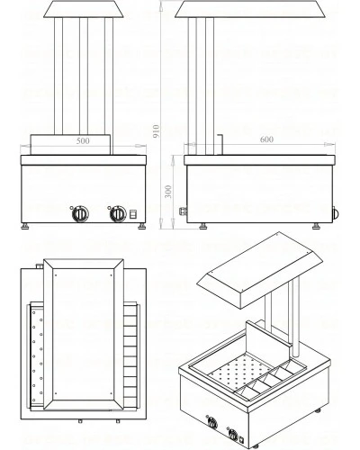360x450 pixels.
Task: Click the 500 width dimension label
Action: click(83, 140)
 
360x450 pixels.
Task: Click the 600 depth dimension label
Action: click(266, 139)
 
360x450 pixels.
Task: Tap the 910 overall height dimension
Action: click(156, 131)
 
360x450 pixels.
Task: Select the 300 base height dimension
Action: click(168, 192)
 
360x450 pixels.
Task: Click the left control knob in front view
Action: click(80, 214)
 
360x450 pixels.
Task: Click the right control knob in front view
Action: click(117, 214)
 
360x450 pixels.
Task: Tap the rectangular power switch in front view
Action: click(132, 214)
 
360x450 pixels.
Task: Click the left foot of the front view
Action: click(25, 226)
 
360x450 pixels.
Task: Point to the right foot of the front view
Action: click(142, 226)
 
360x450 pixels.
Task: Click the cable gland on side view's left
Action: click(183, 211)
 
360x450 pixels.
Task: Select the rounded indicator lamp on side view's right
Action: click(336, 213)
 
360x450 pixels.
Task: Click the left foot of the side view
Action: click(203, 226)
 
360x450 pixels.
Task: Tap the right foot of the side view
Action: click(316, 226)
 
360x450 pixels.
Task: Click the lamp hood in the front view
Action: click(84, 9)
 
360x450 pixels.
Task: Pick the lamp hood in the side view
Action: click(251, 9)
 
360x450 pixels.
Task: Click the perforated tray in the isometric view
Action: click(241, 372)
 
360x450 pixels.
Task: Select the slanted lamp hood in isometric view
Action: click(260, 270)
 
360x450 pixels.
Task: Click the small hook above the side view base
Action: click(220, 144)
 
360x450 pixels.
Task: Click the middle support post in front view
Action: click(84, 76)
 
